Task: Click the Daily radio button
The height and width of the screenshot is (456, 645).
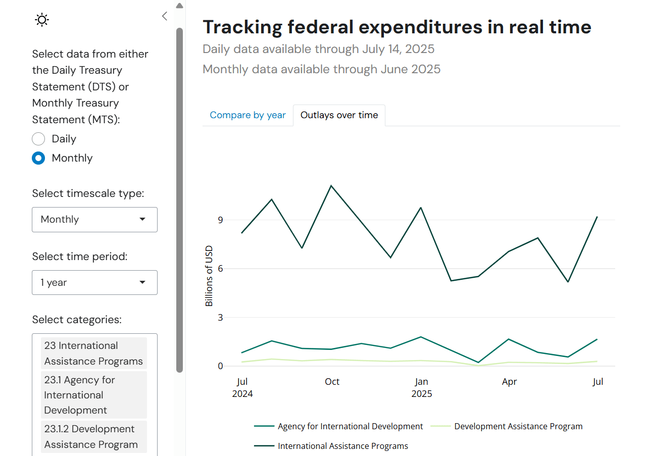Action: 38,139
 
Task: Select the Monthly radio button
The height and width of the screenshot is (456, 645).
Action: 38,158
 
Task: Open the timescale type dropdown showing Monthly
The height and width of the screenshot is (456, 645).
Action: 94,220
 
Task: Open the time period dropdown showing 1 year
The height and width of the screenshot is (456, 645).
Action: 94,283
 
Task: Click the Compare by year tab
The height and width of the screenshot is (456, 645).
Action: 247,115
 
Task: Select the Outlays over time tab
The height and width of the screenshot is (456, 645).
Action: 339,115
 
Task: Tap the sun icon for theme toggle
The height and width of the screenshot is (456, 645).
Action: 41,20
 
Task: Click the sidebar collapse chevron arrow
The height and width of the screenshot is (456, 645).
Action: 165,16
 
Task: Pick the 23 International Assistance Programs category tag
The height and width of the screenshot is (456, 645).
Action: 93,353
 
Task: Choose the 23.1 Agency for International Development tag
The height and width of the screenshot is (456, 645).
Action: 93,395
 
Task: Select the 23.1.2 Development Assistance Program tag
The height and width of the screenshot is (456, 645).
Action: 93,437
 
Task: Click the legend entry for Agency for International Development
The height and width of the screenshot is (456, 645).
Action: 350,426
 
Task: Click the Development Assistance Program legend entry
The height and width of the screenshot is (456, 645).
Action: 518,426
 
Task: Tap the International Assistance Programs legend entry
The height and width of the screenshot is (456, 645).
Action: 342,446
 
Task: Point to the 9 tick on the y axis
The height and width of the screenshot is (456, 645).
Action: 220,220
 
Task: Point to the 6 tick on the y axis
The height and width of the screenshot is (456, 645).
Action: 220,269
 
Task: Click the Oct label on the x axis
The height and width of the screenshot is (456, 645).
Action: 332,382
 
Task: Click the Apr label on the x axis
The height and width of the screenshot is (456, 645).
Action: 509,382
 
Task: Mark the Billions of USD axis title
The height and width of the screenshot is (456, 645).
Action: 209,276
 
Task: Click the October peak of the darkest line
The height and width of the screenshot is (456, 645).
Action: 331,186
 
